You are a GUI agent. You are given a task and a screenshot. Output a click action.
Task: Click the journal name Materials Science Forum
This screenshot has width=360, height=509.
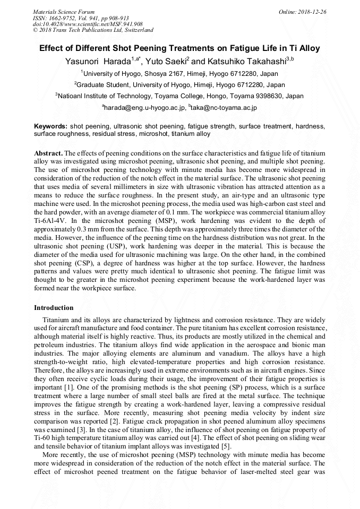coord(64,11)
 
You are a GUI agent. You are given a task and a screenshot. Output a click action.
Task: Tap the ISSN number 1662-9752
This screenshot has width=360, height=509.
coord(68,18)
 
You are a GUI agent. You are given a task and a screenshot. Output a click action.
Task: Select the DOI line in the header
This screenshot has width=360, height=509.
coord(88,24)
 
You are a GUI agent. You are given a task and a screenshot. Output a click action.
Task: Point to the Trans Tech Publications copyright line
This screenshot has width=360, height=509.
coord(93,30)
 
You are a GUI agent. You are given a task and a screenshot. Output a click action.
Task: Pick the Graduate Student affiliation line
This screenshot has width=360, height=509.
coord(180,84)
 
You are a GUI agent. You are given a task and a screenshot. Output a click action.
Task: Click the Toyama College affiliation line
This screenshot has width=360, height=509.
coord(180,96)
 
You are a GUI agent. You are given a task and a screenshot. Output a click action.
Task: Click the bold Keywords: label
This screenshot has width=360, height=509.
coord(50,127)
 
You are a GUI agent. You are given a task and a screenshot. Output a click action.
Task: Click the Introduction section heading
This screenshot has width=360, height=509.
coord(54,308)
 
